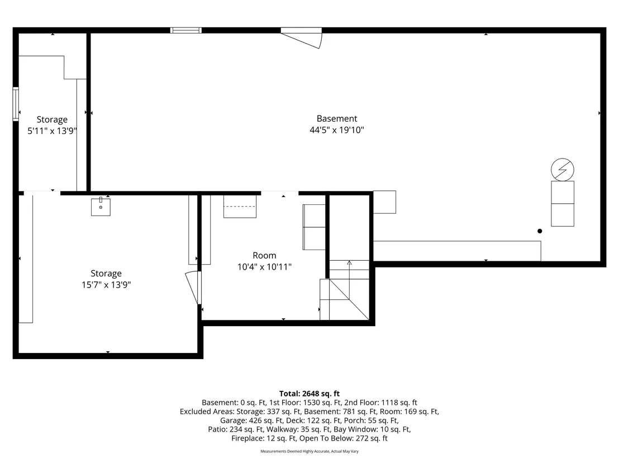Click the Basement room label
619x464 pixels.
(x=337, y=118)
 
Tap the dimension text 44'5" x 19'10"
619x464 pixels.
(x=337, y=130)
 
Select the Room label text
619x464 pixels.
(x=264, y=255)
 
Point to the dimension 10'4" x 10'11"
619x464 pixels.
(x=264, y=267)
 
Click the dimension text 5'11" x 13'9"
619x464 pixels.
(x=52, y=131)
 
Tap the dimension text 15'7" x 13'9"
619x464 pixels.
(x=106, y=284)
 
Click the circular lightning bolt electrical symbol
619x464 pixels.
(x=562, y=170)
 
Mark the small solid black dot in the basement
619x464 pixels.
(x=540, y=231)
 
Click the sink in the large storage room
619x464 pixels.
(x=101, y=207)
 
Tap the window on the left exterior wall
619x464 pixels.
(x=16, y=104)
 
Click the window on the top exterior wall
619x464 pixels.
(x=186, y=30)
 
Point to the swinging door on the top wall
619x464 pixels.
(x=301, y=39)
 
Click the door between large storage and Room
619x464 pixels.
(x=193, y=287)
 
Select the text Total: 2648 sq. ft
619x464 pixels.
(x=309, y=394)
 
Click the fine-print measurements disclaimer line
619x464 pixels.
(x=309, y=451)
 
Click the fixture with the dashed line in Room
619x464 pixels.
(x=240, y=207)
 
